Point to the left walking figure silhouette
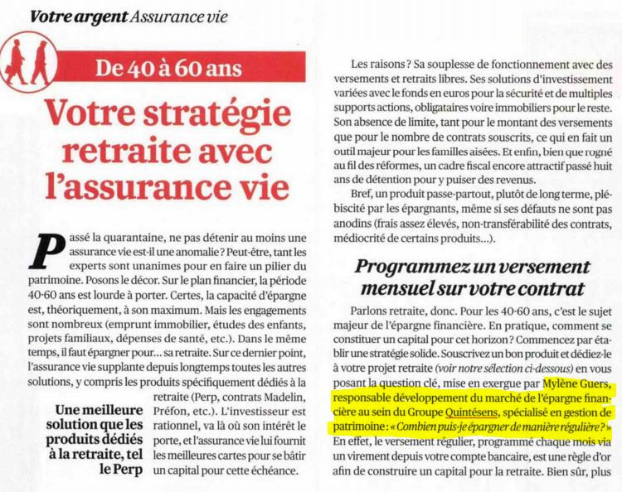16,61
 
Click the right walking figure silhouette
39,63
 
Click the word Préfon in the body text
175,416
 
